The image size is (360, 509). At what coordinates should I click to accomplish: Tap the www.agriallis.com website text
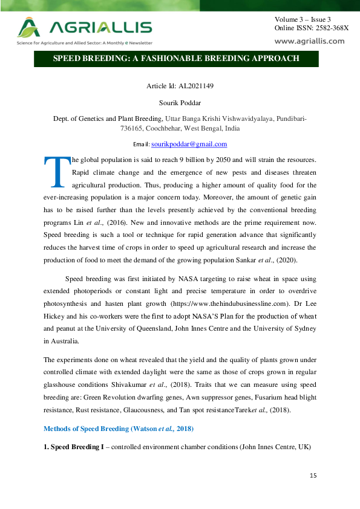point(309,41)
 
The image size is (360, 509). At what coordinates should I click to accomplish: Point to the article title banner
point(176,59)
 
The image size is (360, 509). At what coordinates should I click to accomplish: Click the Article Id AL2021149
point(180,86)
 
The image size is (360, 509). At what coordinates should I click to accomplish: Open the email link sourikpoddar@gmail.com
point(189,144)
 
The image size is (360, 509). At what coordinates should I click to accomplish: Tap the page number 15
point(313,476)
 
